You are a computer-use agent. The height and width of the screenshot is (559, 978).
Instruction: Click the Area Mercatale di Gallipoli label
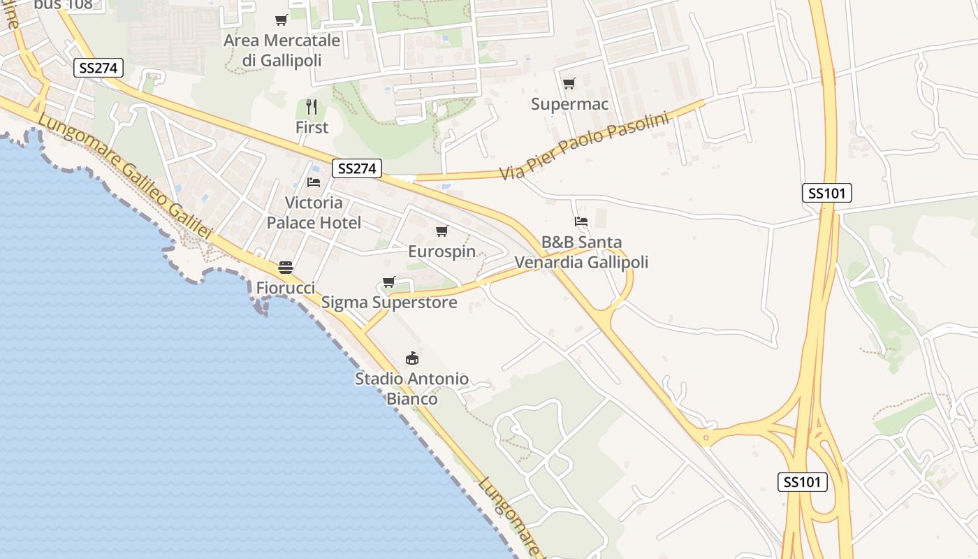pos(282,50)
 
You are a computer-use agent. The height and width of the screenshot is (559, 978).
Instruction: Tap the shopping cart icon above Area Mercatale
pos(281,20)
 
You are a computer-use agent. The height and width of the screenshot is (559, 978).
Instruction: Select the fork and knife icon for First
pos(312,107)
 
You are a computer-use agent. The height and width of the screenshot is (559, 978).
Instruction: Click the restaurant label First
pos(312,128)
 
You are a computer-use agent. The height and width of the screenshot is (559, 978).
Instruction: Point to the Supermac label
pos(569,104)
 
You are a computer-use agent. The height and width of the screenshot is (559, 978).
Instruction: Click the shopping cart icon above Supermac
pos(569,84)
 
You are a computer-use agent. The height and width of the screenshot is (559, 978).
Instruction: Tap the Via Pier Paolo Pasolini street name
pos(584,145)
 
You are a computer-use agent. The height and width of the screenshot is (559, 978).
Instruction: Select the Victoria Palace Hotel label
pos(314,213)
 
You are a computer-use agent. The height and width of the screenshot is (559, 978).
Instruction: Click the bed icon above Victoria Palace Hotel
pos(314,182)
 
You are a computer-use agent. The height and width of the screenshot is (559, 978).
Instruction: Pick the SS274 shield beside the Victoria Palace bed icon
pos(356,168)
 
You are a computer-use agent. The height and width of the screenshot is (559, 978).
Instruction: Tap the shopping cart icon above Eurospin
pos(441,231)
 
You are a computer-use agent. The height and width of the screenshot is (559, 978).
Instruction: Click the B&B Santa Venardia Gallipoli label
pos(581,252)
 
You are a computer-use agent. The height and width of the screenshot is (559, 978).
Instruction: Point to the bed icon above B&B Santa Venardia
pos(581,222)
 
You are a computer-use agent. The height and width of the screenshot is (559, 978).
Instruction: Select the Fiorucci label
pos(285,288)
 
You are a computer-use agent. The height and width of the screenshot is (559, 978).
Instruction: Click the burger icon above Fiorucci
pos(285,267)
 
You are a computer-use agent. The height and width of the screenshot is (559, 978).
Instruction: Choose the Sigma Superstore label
pos(389,303)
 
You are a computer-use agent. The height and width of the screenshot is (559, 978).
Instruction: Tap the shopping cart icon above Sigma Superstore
pos(388,282)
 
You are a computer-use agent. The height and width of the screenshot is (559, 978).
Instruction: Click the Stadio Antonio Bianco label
pos(411,389)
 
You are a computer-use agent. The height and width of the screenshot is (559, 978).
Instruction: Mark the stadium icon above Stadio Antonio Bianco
pos(412,358)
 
